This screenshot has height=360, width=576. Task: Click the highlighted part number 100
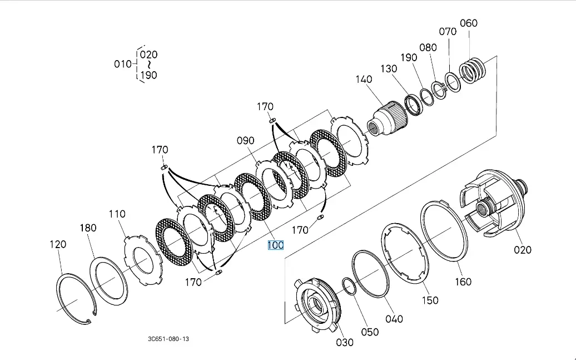click(276, 245)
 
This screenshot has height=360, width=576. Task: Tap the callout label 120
click(58, 244)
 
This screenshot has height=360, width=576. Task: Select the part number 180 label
click(88, 228)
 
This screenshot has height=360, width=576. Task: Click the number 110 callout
click(117, 214)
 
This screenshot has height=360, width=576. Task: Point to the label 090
click(245, 141)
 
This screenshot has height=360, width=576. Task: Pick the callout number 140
click(364, 80)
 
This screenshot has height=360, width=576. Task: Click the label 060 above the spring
click(469, 23)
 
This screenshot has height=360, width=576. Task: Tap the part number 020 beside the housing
click(522, 250)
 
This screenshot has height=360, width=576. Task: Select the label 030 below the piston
click(345, 342)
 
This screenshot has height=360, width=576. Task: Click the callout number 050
click(370, 332)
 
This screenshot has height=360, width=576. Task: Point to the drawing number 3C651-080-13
click(169, 338)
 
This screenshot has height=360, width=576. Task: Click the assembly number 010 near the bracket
click(123, 64)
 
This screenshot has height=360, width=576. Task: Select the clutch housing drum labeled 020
click(491, 203)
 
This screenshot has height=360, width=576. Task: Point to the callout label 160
click(463, 282)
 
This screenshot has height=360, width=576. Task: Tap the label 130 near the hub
click(389, 68)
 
